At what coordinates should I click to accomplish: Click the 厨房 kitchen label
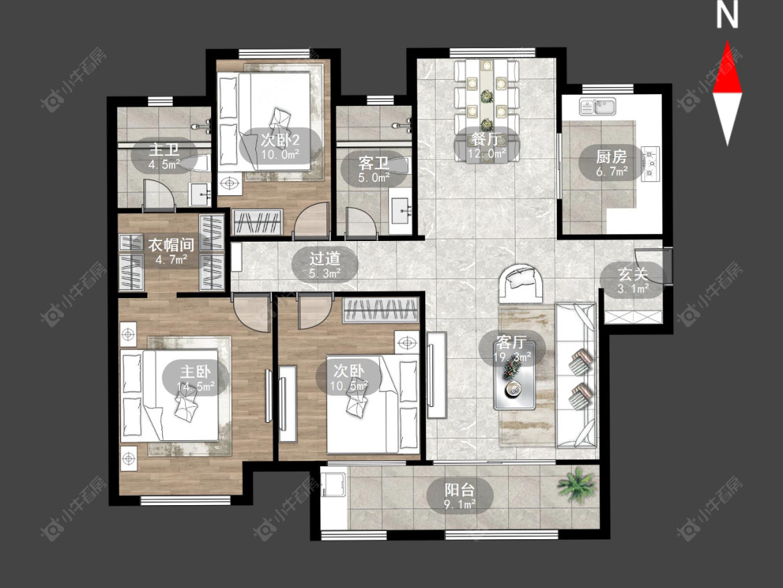point(611,157)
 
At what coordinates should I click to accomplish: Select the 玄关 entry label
point(633,274)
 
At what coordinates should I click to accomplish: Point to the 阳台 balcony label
point(459,488)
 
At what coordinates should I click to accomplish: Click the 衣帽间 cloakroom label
point(171,245)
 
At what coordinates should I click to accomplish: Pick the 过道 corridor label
point(324,258)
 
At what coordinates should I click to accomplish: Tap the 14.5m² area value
point(196,387)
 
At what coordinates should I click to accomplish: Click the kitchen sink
point(598,106)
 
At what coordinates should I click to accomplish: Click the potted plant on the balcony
point(577,484)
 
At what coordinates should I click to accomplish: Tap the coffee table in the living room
point(514,375)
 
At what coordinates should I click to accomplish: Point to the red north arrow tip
point(727,42)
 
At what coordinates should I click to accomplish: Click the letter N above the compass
point(727,15)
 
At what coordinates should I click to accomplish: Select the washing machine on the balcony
point(334,483)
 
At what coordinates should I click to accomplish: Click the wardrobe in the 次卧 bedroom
point(381,310)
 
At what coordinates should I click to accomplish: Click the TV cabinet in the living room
point(436,375)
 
